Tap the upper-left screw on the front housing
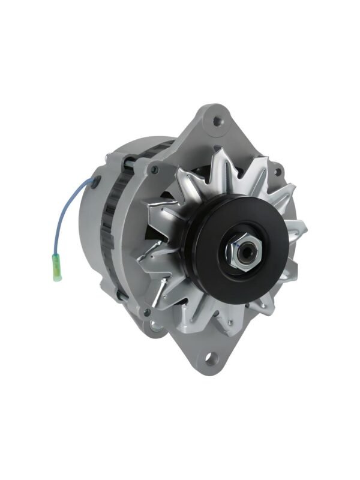coord(154,170)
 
